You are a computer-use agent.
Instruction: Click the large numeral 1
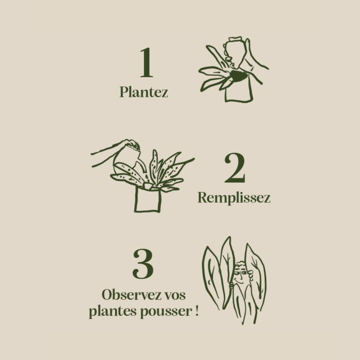tap(147, 62)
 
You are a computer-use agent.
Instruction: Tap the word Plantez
tap(143, 92)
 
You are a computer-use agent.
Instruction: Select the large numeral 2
tap(235, 168)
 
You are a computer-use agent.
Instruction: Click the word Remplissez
tap(234, 197)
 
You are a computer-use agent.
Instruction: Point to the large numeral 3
tap(143, 264)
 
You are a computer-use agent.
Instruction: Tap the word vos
tap(176, 296)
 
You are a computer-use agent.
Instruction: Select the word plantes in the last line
tap(113, 312)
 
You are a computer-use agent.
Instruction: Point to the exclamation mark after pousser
tap(197, 311)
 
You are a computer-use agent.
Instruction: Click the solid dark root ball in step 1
tap(239, 76)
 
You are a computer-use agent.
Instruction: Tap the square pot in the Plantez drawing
tap(239, 91)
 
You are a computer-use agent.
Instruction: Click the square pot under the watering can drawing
tap(148, 199)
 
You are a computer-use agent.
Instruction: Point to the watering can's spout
tap(142, 166)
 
